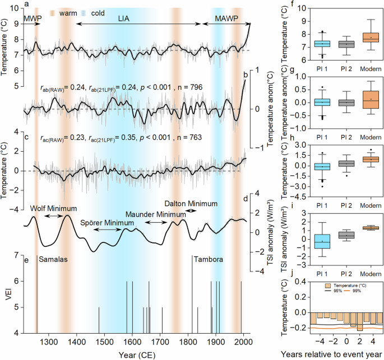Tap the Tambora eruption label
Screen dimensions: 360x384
[x=208, y=259]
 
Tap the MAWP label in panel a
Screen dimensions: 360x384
[x=226, y=18]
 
